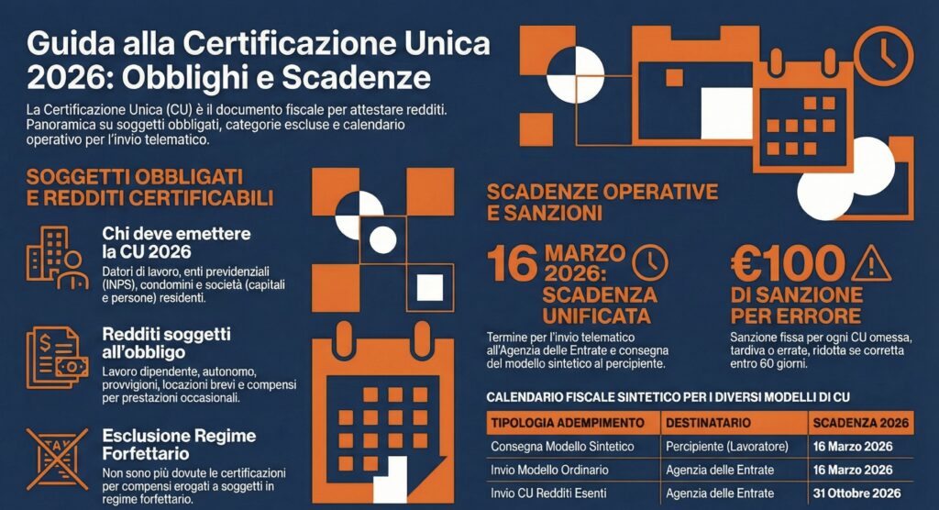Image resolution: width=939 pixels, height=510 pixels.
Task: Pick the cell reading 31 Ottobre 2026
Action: pyautogui.click(x=854, y=494)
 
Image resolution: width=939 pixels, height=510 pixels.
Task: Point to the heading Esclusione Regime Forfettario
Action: pyautogui.click(x=179, y=444)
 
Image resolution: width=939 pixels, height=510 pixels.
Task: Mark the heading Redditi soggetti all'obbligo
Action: pyautogui.click(x=166, y=344)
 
